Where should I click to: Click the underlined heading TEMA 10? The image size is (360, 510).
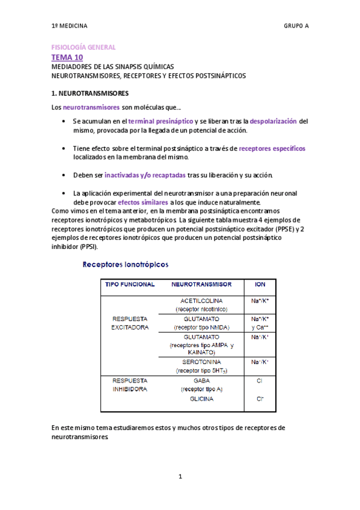click(67, 57)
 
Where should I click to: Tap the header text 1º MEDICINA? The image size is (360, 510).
click(70, 26)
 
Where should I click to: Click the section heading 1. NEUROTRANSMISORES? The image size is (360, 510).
click(90, 93)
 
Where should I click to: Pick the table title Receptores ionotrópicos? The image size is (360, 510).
click(125, 265)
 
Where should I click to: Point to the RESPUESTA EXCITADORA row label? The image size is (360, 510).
click(130, 325)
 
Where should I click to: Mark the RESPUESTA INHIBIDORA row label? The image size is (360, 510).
click(130, 385)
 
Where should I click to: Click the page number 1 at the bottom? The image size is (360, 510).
click(180, 477)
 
